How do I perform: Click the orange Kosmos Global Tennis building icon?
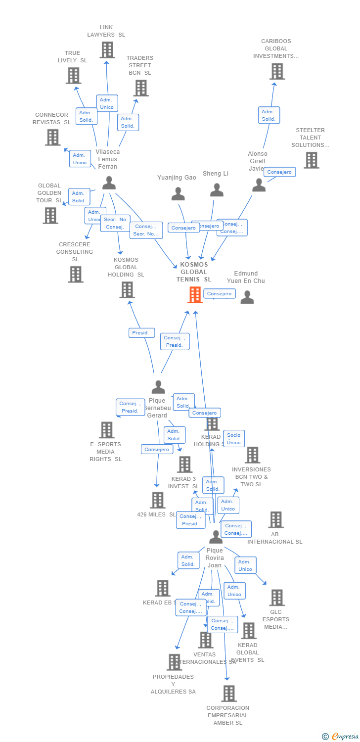coord(195,295)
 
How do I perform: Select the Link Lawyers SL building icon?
coord(107,50)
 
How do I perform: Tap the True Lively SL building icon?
coord(73,76)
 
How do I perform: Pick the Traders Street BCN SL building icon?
coord(141,88)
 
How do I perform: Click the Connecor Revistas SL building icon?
coord(52,138)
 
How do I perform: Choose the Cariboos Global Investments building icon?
coord(277,71)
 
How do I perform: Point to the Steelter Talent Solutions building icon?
coord(311,160)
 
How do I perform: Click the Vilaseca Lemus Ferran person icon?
coord(109,183)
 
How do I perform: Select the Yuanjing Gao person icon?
coord(178,194)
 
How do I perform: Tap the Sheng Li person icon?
coord(217,190)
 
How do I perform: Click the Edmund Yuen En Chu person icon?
coord(247,297)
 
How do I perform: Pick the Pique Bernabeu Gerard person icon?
coord(158,387)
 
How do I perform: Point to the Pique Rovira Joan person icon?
coord(216,537)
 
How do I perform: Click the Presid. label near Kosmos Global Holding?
coord(141,333)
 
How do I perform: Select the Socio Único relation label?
coord(234,439)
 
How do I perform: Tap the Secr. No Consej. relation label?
coord(115,223)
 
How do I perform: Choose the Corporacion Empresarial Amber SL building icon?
coord(228,694)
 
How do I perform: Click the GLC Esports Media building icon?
coord(277,598)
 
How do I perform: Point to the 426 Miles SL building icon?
coord(158,500)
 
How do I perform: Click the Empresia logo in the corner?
coord(342,737)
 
